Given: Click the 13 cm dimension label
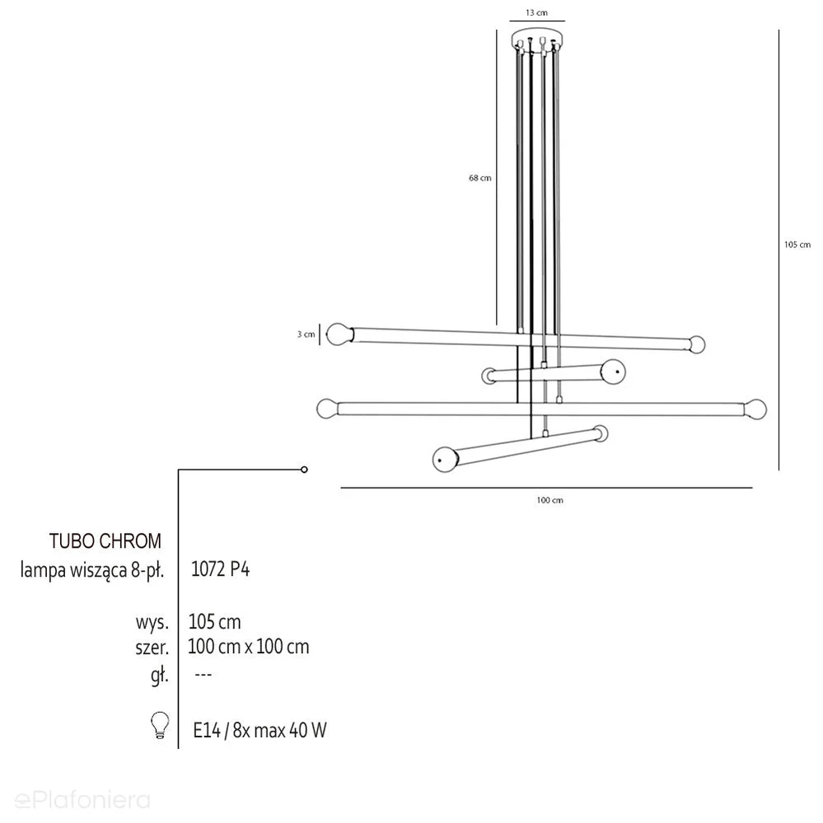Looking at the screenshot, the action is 536,12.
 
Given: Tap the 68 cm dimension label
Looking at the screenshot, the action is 479,178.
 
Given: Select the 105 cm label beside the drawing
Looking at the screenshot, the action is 797,245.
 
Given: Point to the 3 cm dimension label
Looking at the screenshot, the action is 306,334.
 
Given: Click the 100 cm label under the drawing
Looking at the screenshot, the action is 549,500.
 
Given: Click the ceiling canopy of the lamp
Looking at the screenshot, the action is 537,40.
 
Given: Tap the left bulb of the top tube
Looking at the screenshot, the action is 339,334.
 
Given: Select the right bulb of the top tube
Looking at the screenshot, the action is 697,344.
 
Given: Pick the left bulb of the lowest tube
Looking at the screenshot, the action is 445,459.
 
